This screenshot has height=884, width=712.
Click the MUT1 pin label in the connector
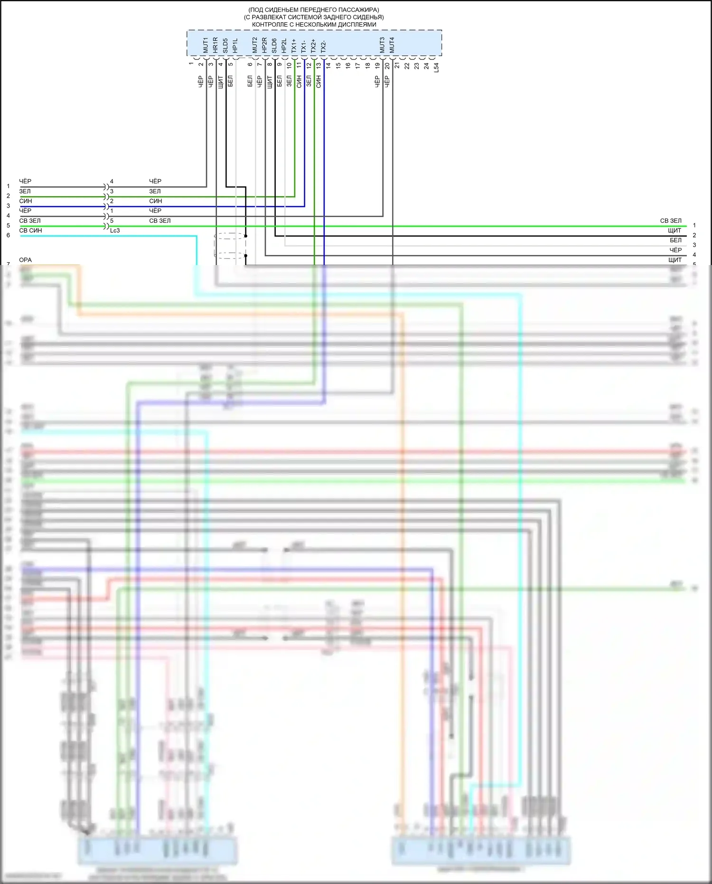[x=206, y=45]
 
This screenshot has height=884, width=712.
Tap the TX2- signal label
[x=324, y=47]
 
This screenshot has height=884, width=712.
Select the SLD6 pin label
[x=274, y=46]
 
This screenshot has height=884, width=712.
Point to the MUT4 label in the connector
[x=392, y=45]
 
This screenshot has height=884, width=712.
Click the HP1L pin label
[x=235, y=46]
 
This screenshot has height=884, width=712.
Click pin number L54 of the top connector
[x=436, y=67]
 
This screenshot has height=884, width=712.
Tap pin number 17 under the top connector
[x=358, y=66]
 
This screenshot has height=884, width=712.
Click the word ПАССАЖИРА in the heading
[x=356, y=10]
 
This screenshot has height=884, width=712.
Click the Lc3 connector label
[x=115, y=230]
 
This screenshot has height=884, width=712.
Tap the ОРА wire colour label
[x=25, y=260]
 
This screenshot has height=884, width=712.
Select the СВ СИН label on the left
[x=30, y=230]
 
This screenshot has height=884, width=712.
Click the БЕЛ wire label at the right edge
[x=675, y=240]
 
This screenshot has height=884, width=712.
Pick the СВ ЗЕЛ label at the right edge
[x=671, y=221]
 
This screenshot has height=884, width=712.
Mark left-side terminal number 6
[x=8, y=235]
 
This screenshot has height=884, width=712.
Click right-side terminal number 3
[x=694, y=245]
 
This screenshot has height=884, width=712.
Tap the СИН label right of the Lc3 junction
[x=156, y=201]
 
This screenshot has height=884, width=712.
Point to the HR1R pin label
[x=215, y=45]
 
